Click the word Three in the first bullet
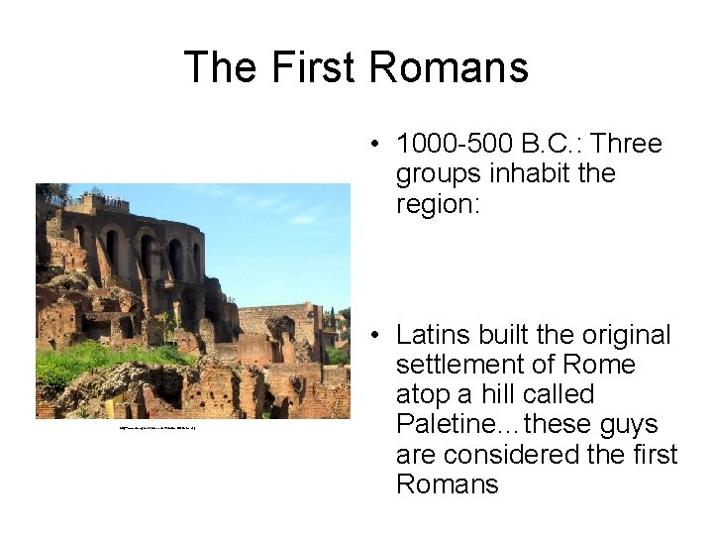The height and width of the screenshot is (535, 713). [x=626, y=145]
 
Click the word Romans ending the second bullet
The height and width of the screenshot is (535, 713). [x=447, y=484]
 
